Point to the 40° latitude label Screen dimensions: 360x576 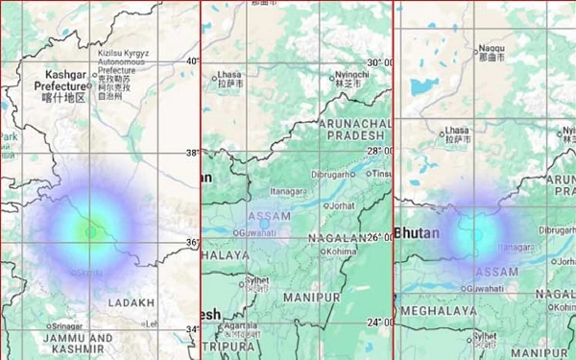pos(192,61)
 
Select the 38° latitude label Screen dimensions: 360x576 pos(192,152)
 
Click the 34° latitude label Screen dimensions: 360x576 pos(192,329)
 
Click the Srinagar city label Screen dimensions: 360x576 pos(68,325)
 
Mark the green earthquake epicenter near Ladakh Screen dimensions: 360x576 pos(91,230)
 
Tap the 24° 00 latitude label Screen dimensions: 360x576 pos(378,324)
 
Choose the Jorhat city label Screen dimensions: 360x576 pos(339,205)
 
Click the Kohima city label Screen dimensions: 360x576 pos(340,252)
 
